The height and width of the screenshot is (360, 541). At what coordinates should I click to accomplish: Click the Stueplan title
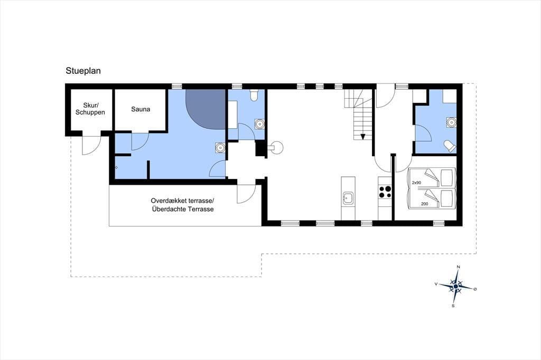[x=83, y=71]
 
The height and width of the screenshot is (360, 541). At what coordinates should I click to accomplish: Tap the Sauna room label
[x=141, y=109]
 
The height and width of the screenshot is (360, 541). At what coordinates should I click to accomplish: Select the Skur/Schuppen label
[x=90, y=109]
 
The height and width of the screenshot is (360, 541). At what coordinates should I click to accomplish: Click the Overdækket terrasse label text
[x=182, y=201]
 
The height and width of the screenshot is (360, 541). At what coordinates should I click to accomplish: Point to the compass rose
[x=456, y=286]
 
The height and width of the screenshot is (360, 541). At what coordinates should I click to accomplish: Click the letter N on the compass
[x=458, y=267]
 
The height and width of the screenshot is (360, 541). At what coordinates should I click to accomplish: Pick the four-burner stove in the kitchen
[x=385, y=192]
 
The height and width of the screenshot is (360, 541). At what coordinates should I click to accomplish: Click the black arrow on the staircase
[x=363, y=137]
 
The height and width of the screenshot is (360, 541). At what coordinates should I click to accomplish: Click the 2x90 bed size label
[x=416, y=183]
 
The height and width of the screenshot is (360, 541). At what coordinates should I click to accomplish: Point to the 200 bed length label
[x=424, y=204]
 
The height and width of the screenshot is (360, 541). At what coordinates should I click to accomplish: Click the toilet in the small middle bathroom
[x=254, y=95]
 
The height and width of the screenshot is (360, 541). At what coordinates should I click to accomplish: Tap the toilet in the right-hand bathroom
[x=449, y=146]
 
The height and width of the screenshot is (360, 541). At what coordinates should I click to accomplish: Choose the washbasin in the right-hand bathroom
[x=451, y=122]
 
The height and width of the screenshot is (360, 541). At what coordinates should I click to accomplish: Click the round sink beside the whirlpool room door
[x=220, y=148]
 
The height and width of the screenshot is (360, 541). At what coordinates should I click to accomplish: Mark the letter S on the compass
[x=453, y=306]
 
